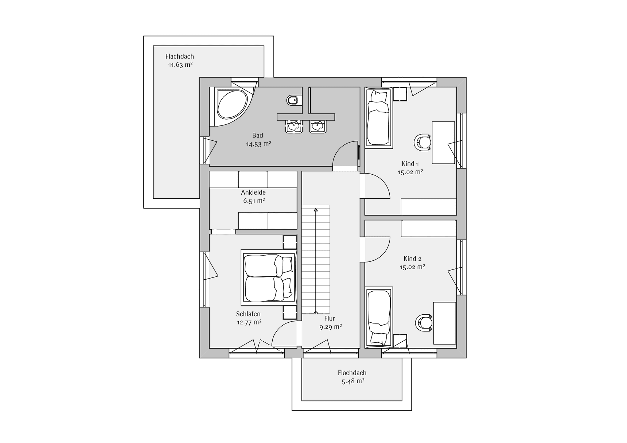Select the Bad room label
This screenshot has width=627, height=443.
(x=257, y=136)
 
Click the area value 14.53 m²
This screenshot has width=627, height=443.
(x=258, y=144)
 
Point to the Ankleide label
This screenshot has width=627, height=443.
(x=253, y=193)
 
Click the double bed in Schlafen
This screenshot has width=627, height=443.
(x=268, y=277)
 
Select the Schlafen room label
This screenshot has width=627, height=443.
(x=248, y=314)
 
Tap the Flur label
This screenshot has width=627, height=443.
(x=330, y=319)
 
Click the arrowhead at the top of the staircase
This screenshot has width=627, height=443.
(x=316, y=210)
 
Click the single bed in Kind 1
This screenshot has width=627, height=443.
(x=379, y=118)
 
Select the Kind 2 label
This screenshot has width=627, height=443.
(x=413, y=259)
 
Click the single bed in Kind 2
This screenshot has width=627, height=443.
(x=379, y=316)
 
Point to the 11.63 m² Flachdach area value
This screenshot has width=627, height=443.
(x=180, y=65)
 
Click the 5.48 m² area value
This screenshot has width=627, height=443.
(x=353, y=381)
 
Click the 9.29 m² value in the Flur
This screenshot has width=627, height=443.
(x=331, y=327)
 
